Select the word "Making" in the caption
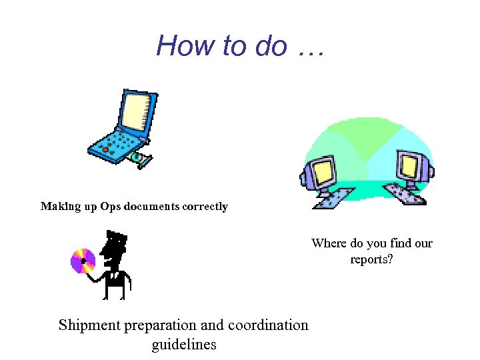pyautogui.click(x=60, y=207)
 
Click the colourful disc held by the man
pyautogui.click(x=84, y=261)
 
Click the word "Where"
pyautogui.click(x=329, y=243)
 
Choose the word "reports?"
pyautogui.click(x=371, y=259)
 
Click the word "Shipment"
pyautogui.click(x=89, y=325)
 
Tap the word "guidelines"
pyautogui.click(x=184, y=345)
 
